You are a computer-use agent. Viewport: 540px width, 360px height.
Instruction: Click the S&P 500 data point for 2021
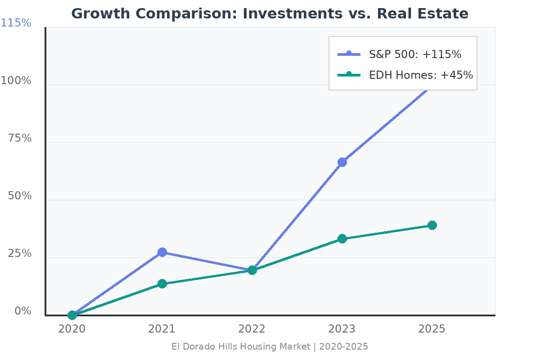coord(162,252)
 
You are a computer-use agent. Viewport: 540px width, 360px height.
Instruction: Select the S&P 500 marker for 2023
coord(342,162)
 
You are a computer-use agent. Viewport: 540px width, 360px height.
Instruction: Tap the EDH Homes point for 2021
coord(162,283)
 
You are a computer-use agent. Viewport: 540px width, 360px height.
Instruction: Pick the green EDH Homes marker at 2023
coord(342,238)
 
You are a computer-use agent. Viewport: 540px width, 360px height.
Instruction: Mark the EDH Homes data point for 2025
coord(432,225)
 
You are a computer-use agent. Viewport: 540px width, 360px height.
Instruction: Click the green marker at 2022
coord(252,270)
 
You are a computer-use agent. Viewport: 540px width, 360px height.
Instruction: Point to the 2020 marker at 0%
coord(72,315)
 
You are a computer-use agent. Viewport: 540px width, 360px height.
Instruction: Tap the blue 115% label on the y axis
coord(16,23)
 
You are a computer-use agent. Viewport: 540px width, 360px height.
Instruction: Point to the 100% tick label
coord(16,81)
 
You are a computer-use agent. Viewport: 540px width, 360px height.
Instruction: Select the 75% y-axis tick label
coord(20,139)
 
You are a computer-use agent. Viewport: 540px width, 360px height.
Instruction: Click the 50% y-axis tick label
coord(20,196)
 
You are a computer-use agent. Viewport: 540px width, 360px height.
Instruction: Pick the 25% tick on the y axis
coord(20,254)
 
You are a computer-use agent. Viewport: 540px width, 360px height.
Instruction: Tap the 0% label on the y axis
coord(23,311)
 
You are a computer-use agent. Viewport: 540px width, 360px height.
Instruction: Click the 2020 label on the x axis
coord(72,329)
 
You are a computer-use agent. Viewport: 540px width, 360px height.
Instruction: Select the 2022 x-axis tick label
coord(252,329)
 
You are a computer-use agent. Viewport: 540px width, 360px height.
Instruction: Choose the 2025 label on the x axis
coord(432,329)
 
